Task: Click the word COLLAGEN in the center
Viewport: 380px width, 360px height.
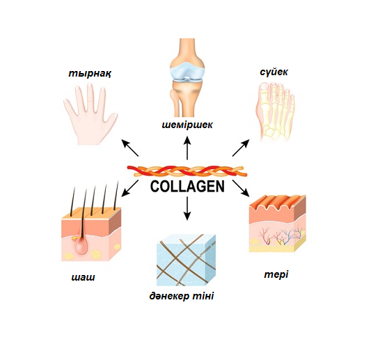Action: click(187, 186)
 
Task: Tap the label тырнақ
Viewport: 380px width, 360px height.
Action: click(90, 73)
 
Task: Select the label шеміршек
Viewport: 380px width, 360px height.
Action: click(187, 125)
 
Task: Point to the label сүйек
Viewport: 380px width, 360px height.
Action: click(274, 72)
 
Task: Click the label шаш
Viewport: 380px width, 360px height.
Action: click(83, 277)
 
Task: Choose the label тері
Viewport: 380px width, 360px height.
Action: click(276, 274)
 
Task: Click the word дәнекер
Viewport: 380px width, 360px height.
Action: click(169, 296)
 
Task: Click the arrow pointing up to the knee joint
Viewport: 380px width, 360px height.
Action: click(187, 148)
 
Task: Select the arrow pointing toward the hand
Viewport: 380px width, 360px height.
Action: click(129, 148)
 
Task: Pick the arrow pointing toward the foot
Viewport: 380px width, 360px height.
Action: click(241, 148)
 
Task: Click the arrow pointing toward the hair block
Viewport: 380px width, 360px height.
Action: click(129, 188)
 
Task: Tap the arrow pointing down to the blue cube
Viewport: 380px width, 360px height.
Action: click(187, 208)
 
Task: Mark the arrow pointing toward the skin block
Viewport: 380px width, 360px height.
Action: click(241, 188)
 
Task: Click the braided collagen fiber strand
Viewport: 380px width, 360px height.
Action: click(187, 171)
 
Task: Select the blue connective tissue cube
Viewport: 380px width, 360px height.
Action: click(186, 260)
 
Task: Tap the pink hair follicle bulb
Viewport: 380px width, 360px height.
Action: click(81, 245)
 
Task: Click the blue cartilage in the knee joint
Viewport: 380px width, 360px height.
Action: click(187, 71)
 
